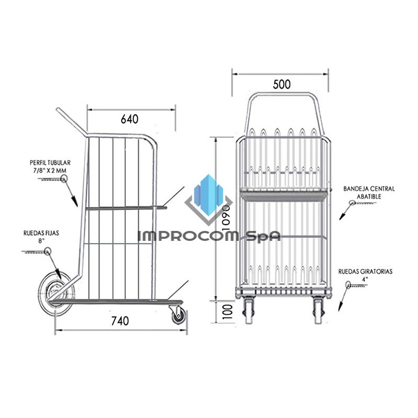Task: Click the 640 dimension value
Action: pos(130,119)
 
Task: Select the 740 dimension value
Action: pos(120,321)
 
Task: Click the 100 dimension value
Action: pos(226,313)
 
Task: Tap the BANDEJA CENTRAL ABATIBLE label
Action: pos(369,192)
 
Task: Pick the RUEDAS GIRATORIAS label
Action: pos(365,275)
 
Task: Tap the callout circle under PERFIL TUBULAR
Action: pos(64,179)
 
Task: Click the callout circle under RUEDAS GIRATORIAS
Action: pos(349,285)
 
